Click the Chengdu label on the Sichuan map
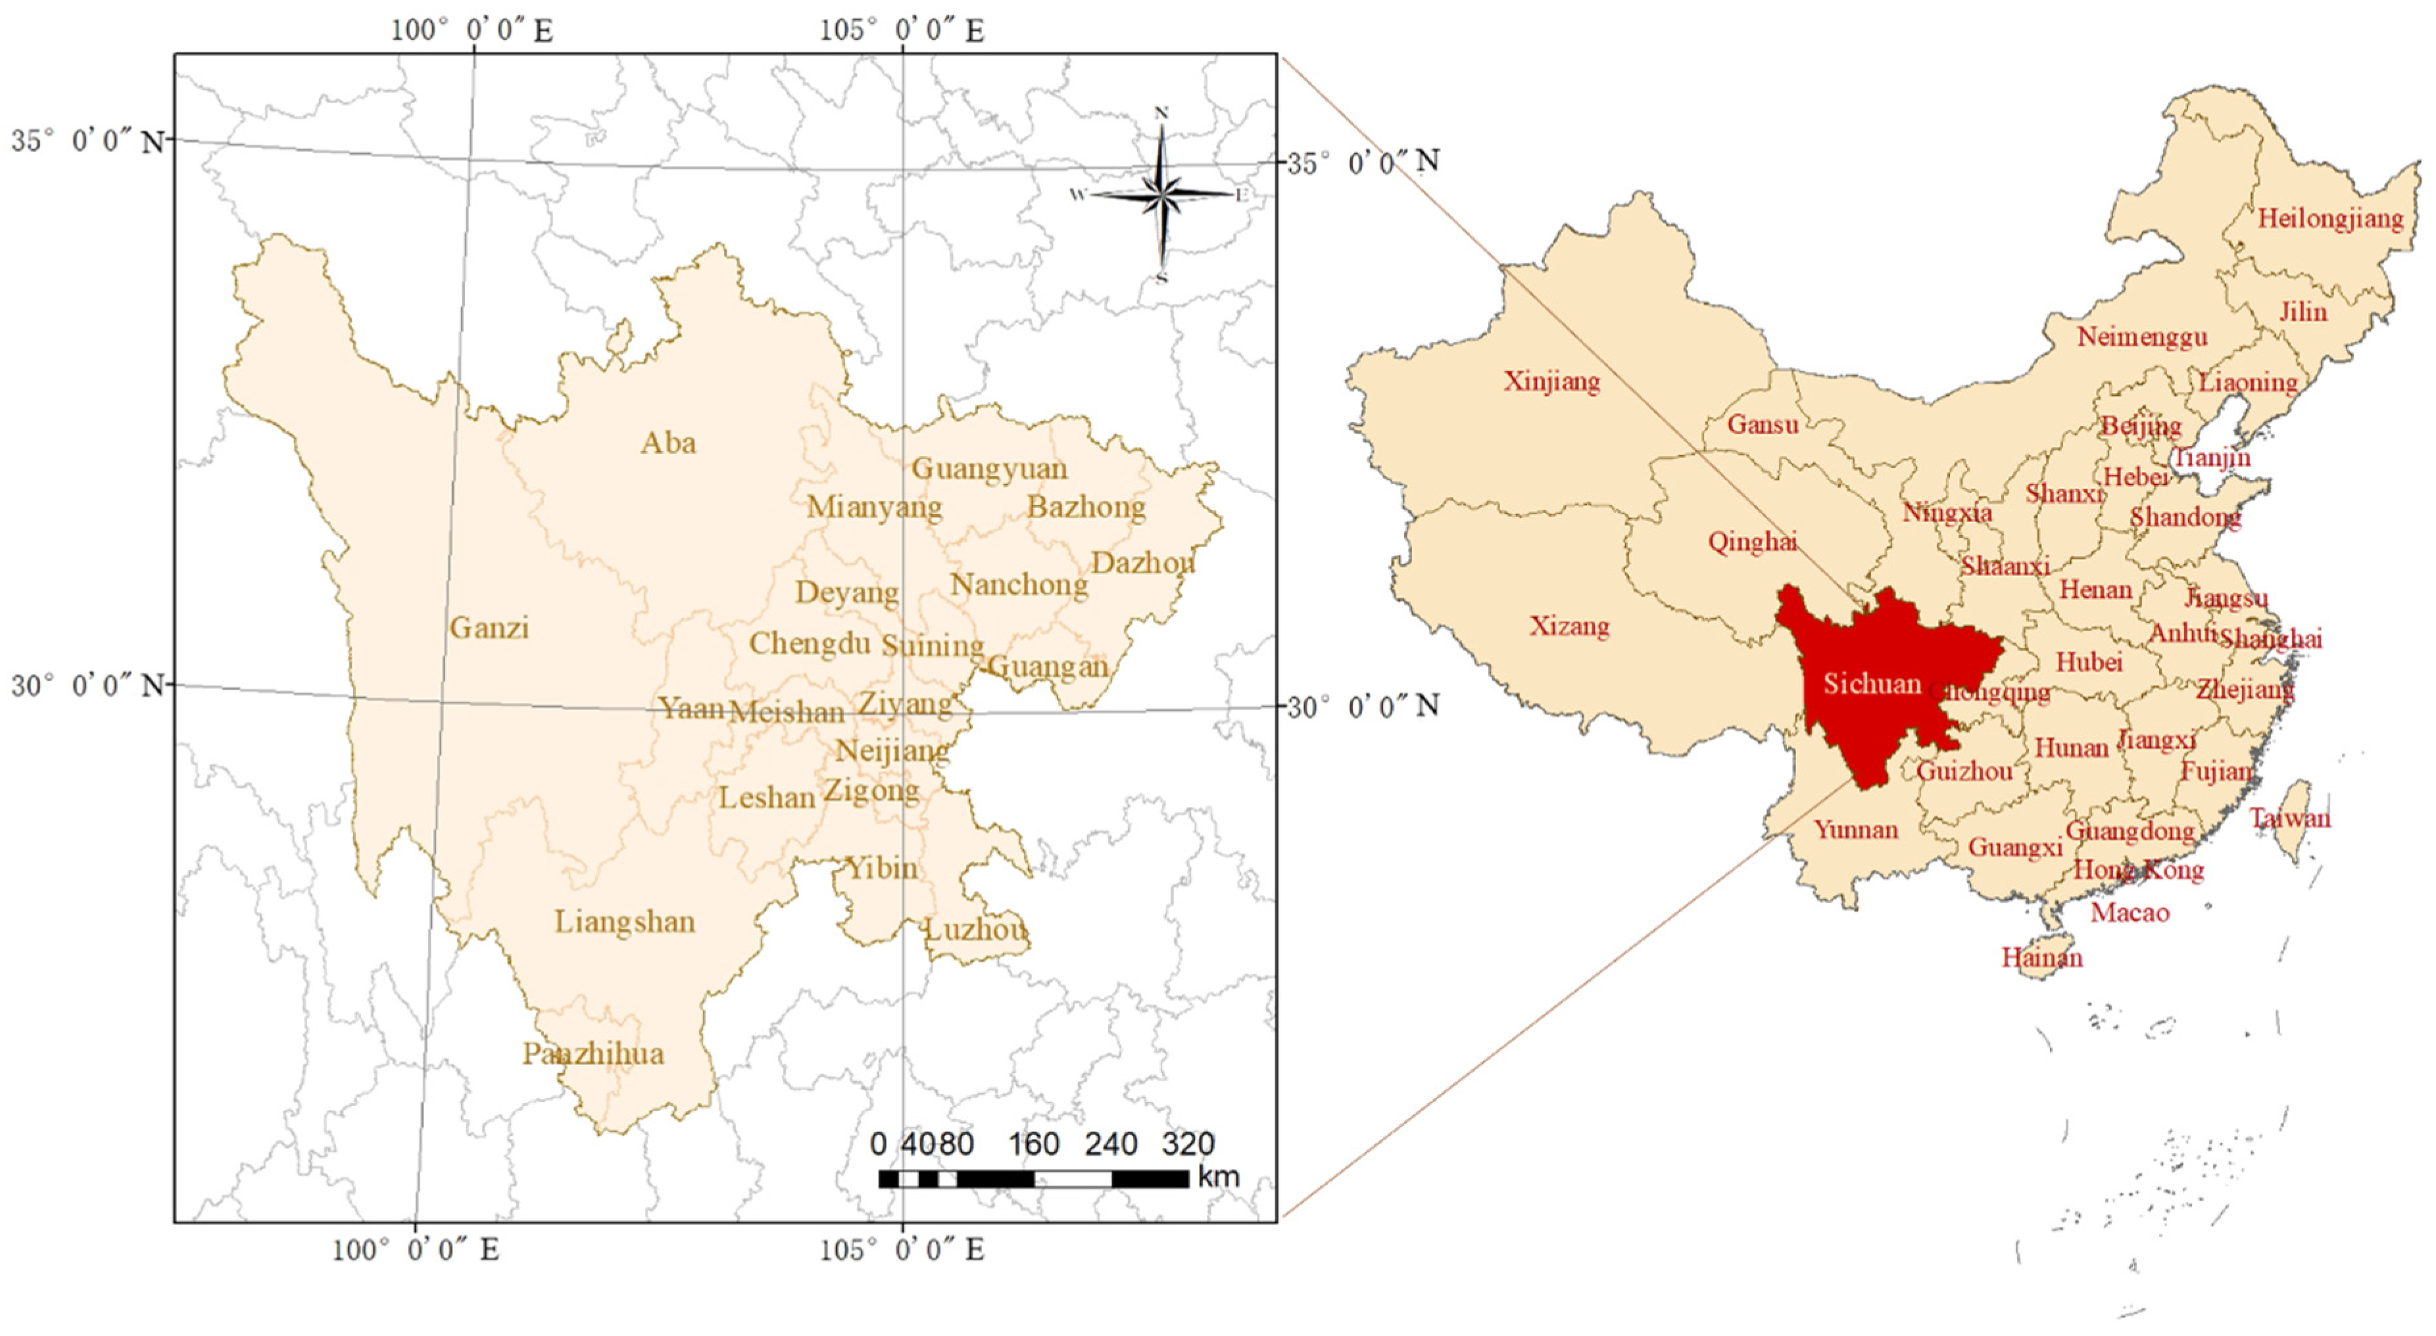point(810,644)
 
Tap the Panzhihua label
point(593,1053)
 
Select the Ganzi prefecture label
point(489,628)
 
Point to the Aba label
point(669,442)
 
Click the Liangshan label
point(624,921)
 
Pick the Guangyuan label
point(989,468)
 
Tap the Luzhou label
point(975,930)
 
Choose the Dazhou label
point(1142,563)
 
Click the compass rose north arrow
point(1162,142)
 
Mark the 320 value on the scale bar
point(1188,1144)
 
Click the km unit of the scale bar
point(1218,1177)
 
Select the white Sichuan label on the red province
point(1872,684)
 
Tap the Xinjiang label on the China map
point(1552,382)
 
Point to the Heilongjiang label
point(2330,220)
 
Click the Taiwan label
point(2289,818)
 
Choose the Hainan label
point(2041,958)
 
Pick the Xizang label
point(1570,626)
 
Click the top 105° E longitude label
point(901,30)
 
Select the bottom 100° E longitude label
point(415,1250)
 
